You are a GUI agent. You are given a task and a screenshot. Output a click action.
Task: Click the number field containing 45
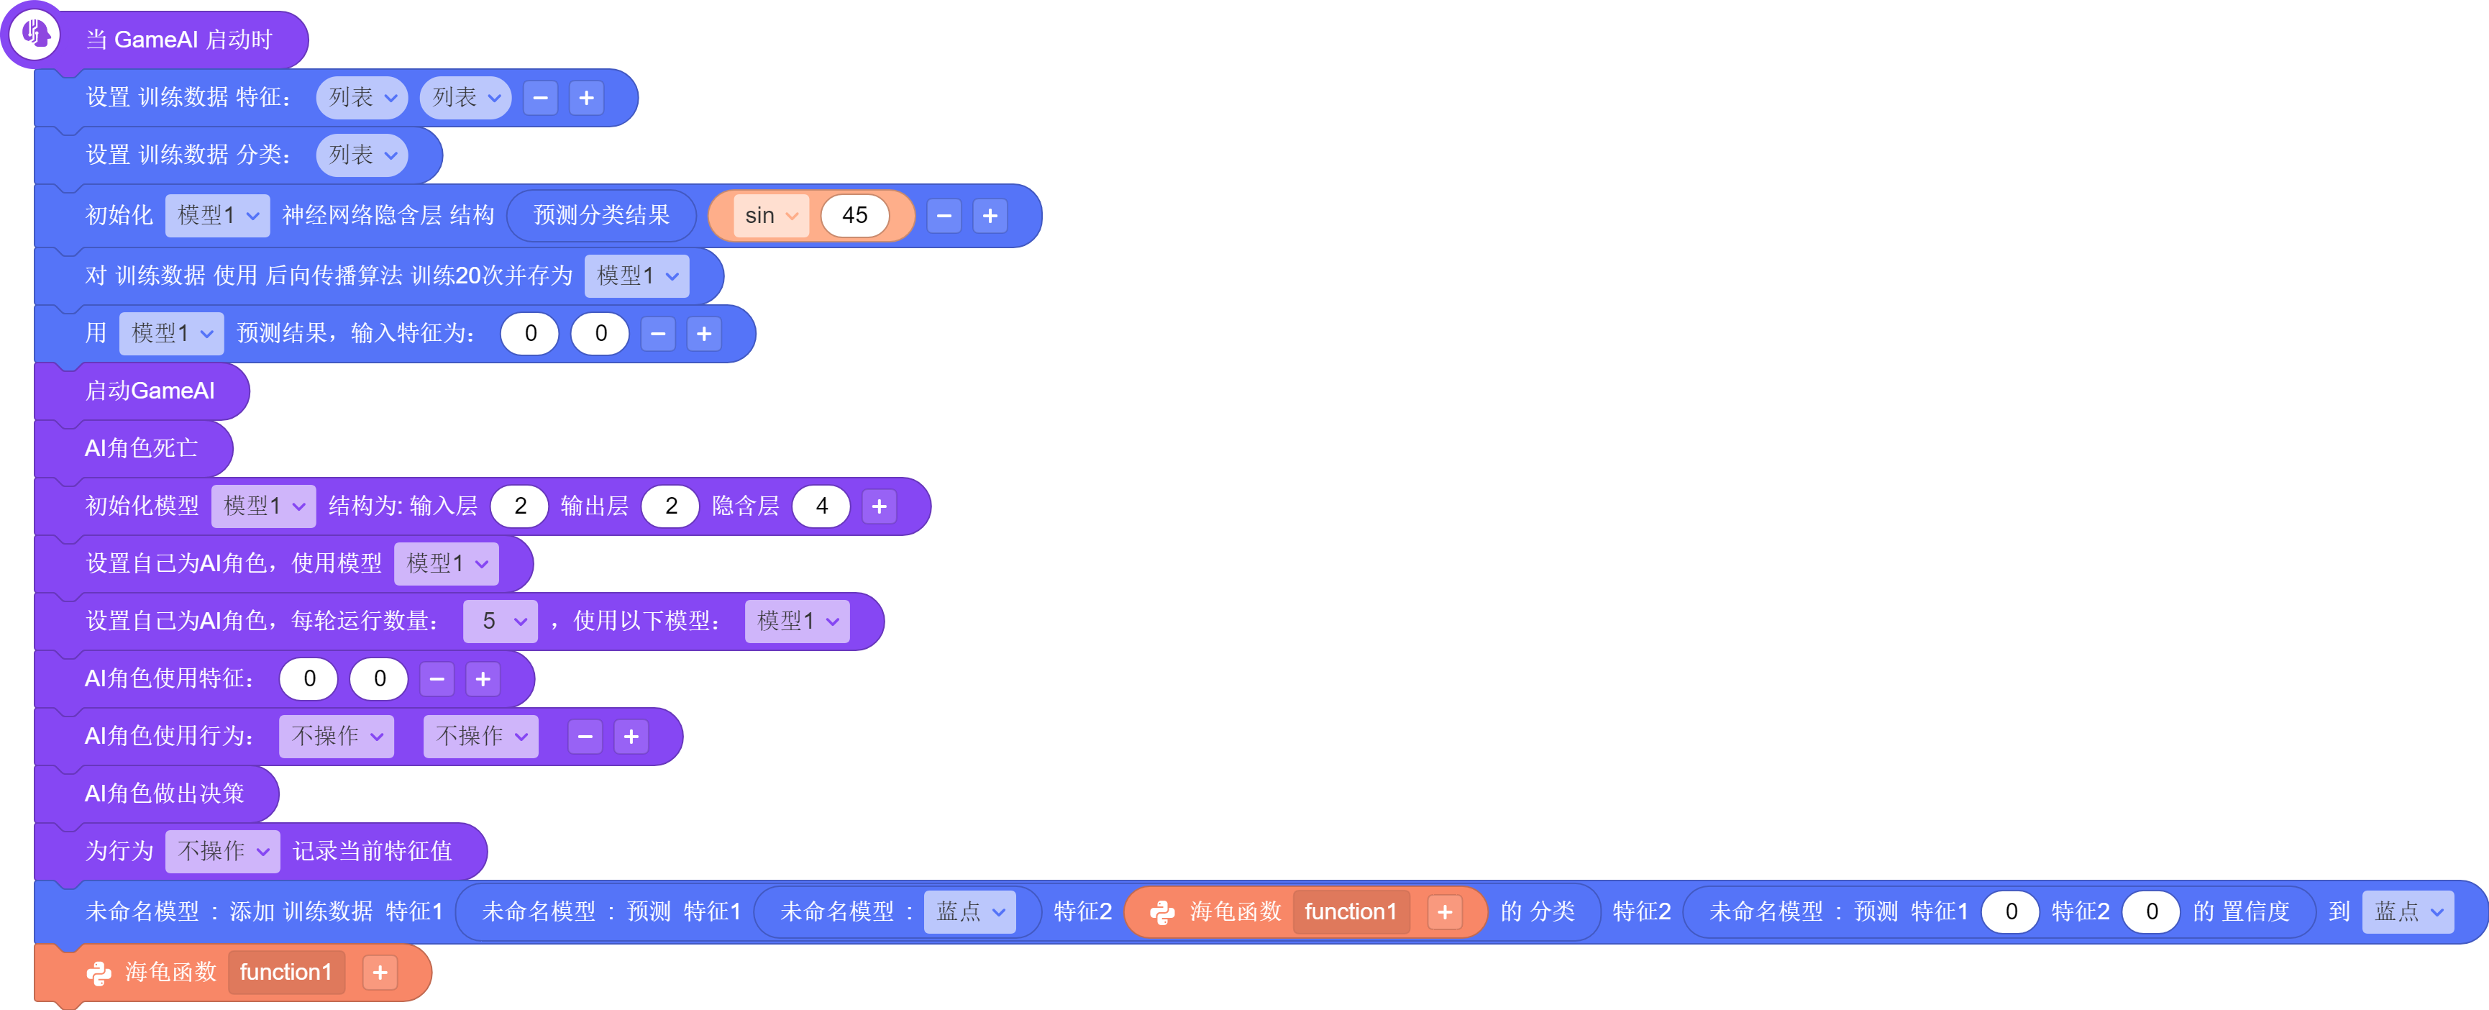coord(854,216)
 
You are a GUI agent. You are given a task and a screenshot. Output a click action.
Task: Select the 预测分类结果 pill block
coord(601,216)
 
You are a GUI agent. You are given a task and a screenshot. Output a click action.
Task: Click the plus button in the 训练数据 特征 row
coord(587,98)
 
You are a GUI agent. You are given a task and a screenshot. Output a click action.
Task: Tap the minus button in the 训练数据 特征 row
coord(540,98)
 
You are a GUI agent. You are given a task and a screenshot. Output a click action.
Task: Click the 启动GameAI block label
coord(150,391)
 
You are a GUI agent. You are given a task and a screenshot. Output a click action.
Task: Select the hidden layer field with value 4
coord(821,506)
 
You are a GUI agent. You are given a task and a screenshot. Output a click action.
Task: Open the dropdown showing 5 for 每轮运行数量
coord(501,621)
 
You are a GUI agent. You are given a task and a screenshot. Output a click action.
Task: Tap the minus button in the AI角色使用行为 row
coord(585,737)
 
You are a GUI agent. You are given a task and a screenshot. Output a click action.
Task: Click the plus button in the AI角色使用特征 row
coord(483,680)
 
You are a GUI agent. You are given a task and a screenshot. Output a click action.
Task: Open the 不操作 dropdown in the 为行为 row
coord(223,852)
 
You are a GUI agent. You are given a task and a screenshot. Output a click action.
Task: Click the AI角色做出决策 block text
coord(164,793)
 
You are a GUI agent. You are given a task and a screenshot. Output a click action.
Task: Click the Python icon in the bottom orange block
coord(99,973)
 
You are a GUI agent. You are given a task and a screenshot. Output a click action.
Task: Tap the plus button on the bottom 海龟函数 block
coord(380,973)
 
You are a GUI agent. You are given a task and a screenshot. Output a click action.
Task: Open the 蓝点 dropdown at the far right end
coord(2408,911)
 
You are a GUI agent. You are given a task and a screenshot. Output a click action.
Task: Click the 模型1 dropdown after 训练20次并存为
coord(636,276)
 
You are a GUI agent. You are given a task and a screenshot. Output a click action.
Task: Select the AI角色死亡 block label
coord(141,448)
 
